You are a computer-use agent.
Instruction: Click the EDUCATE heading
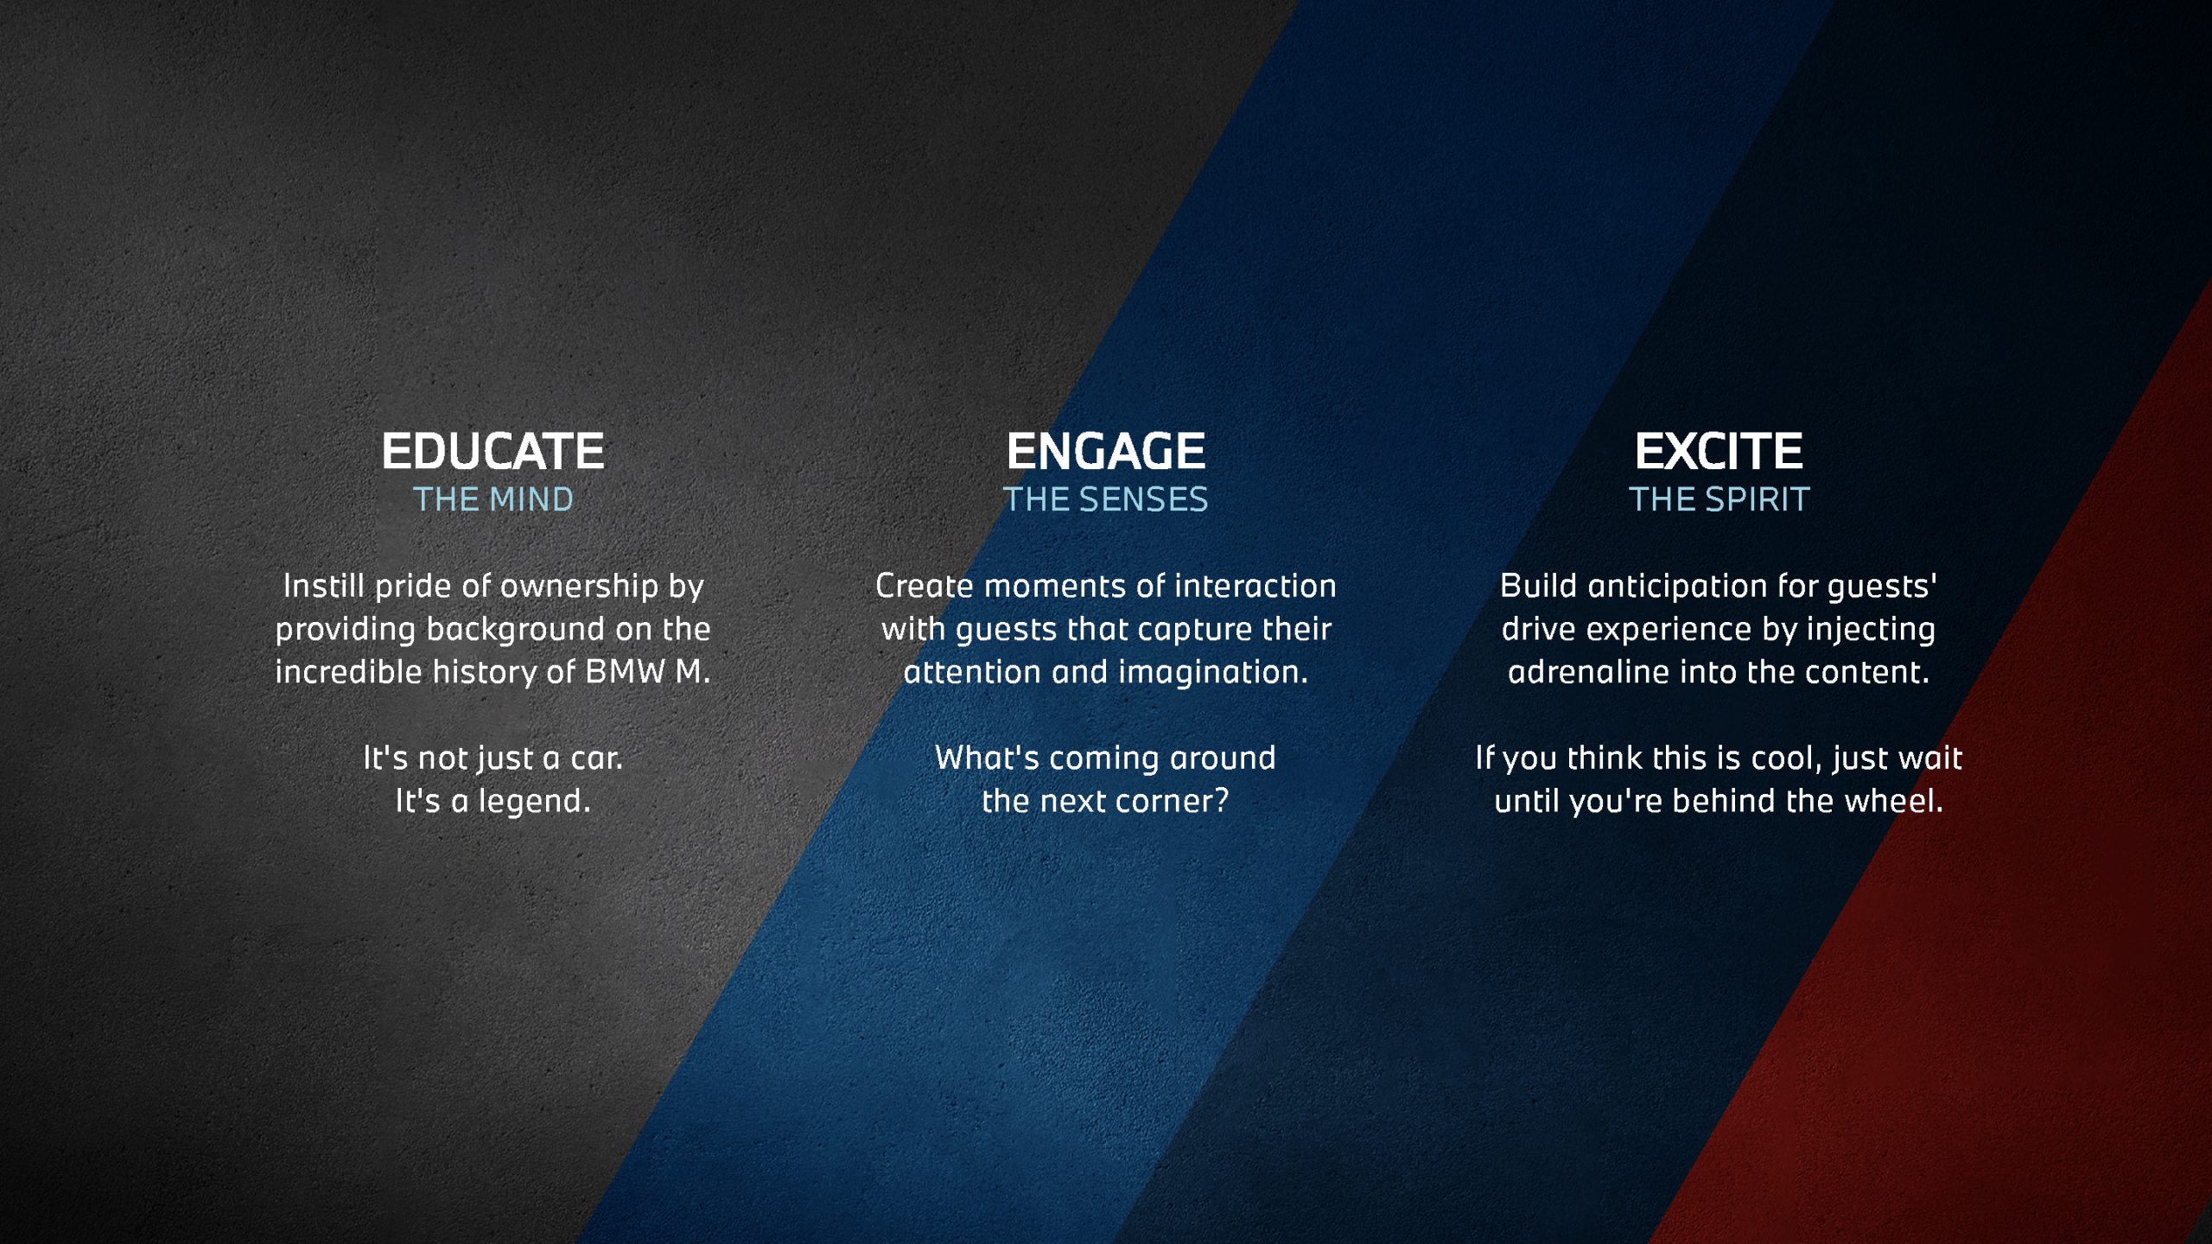[x=493, y=451]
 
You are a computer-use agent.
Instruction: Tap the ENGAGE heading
[x=1105, y=451]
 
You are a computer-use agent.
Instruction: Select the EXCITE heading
[x=1718, y=451]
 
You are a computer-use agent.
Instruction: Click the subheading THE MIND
[x=493, y=499]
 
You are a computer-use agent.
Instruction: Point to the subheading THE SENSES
[x=1105, y=499]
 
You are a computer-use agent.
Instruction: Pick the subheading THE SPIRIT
[x=1719, y=499]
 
